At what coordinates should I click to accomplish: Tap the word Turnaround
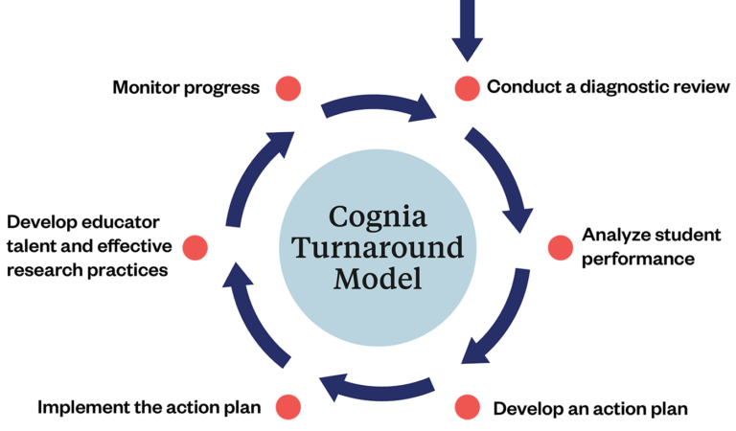pos(377,248)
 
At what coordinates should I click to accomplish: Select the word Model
pos(377,281)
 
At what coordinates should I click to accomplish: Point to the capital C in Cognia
pos(337,215)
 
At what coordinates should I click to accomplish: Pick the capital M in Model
pos(345,281)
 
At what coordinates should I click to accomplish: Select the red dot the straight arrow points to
pos(467,89)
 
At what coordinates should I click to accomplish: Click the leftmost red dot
pos(195,248)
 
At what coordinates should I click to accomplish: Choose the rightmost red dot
pos(560,248)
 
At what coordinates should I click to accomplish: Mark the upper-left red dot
pos(288,89)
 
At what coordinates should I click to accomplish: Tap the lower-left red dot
pos(288,406)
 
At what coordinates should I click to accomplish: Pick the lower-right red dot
pos(467,406)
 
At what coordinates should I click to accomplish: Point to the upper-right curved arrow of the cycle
pos(503,177)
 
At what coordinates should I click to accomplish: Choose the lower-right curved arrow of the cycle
pos(498,321)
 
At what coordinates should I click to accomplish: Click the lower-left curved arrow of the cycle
pos(254,316)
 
